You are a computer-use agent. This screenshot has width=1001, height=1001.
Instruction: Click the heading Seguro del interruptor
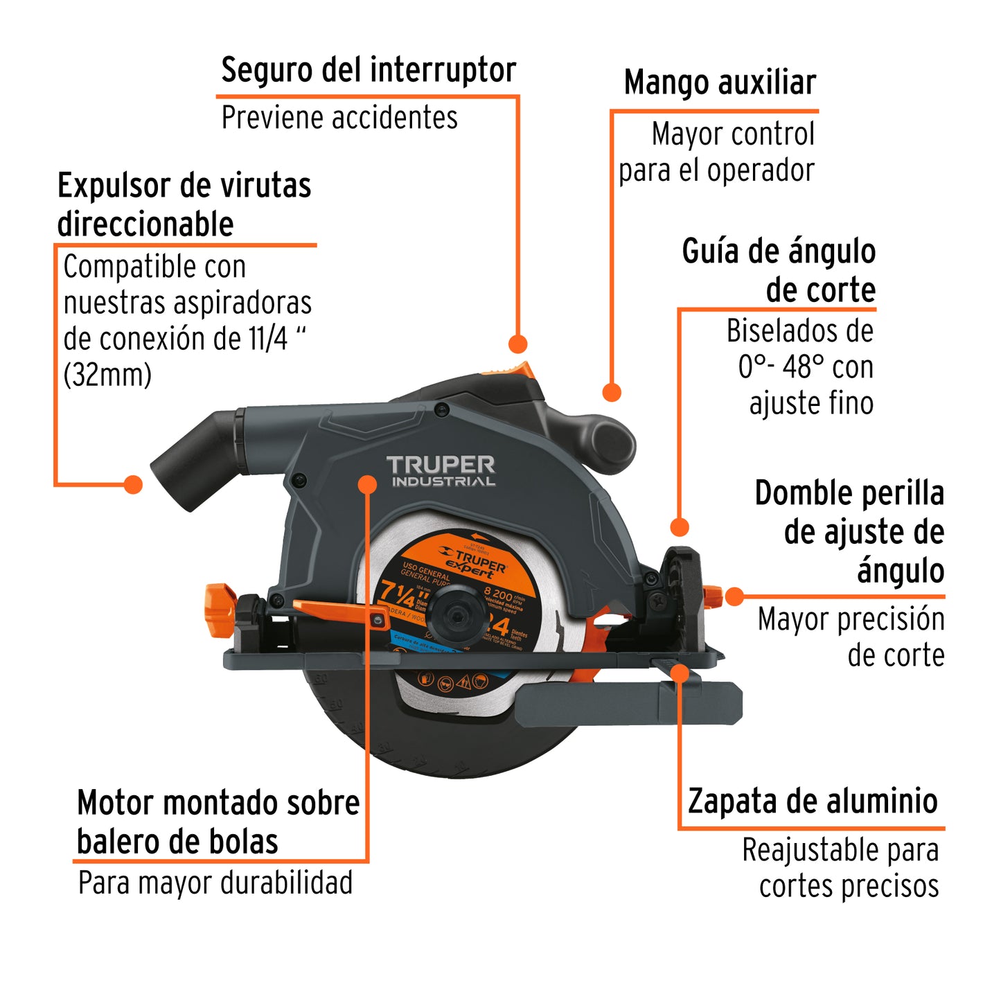369,71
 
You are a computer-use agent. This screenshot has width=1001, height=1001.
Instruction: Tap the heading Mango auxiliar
720,83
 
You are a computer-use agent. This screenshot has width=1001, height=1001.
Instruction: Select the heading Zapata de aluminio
813,801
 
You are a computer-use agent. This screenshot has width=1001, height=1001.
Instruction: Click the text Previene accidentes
339,118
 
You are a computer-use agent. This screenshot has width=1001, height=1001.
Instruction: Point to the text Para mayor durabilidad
215,883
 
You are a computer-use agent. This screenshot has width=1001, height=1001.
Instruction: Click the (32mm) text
107,375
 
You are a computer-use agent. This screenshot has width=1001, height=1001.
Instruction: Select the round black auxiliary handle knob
612,436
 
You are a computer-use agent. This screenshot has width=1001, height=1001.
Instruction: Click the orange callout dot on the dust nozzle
132,484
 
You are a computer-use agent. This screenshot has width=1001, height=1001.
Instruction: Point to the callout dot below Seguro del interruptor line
517,344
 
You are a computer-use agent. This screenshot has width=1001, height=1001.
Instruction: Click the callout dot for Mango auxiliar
611,392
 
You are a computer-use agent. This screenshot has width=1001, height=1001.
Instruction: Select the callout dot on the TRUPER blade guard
368,484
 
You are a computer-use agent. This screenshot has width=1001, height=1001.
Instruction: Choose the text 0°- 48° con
805,367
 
